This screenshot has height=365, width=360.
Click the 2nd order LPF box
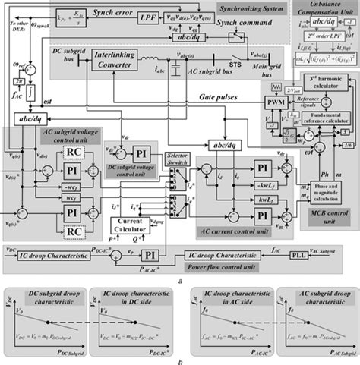click(x=317, y=36)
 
